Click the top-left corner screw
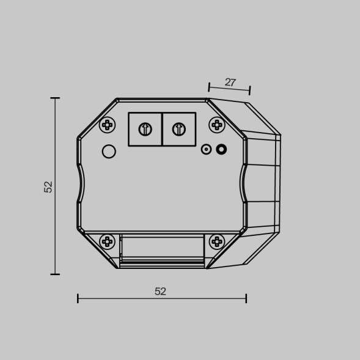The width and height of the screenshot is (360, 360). point(108,125)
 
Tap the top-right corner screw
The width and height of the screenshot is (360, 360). point(217,125)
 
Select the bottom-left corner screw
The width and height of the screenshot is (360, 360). point(108,241)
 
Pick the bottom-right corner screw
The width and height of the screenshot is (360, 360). point(217,241)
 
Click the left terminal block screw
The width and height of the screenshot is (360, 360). point(145,129)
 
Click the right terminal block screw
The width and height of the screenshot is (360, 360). point(178,129)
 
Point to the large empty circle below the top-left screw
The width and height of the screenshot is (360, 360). point(109,152)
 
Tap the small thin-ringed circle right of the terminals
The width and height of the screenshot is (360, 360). point(207,149)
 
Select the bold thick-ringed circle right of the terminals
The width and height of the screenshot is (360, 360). point(221,149)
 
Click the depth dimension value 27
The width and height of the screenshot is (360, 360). point(230,83)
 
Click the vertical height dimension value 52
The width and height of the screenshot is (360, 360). point(48,186)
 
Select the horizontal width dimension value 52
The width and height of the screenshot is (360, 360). point(160,292)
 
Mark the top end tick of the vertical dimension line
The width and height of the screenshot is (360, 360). point(56,98)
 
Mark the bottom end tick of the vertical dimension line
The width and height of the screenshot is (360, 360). point(56,274)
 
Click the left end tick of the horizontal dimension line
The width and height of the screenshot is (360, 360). point(78,298)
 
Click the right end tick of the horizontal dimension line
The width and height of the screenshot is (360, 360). point(246,298)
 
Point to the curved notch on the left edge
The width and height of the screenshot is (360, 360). point(81,183)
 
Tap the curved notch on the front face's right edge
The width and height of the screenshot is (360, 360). point(243,183)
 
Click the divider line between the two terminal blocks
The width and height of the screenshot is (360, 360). point(162,129)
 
